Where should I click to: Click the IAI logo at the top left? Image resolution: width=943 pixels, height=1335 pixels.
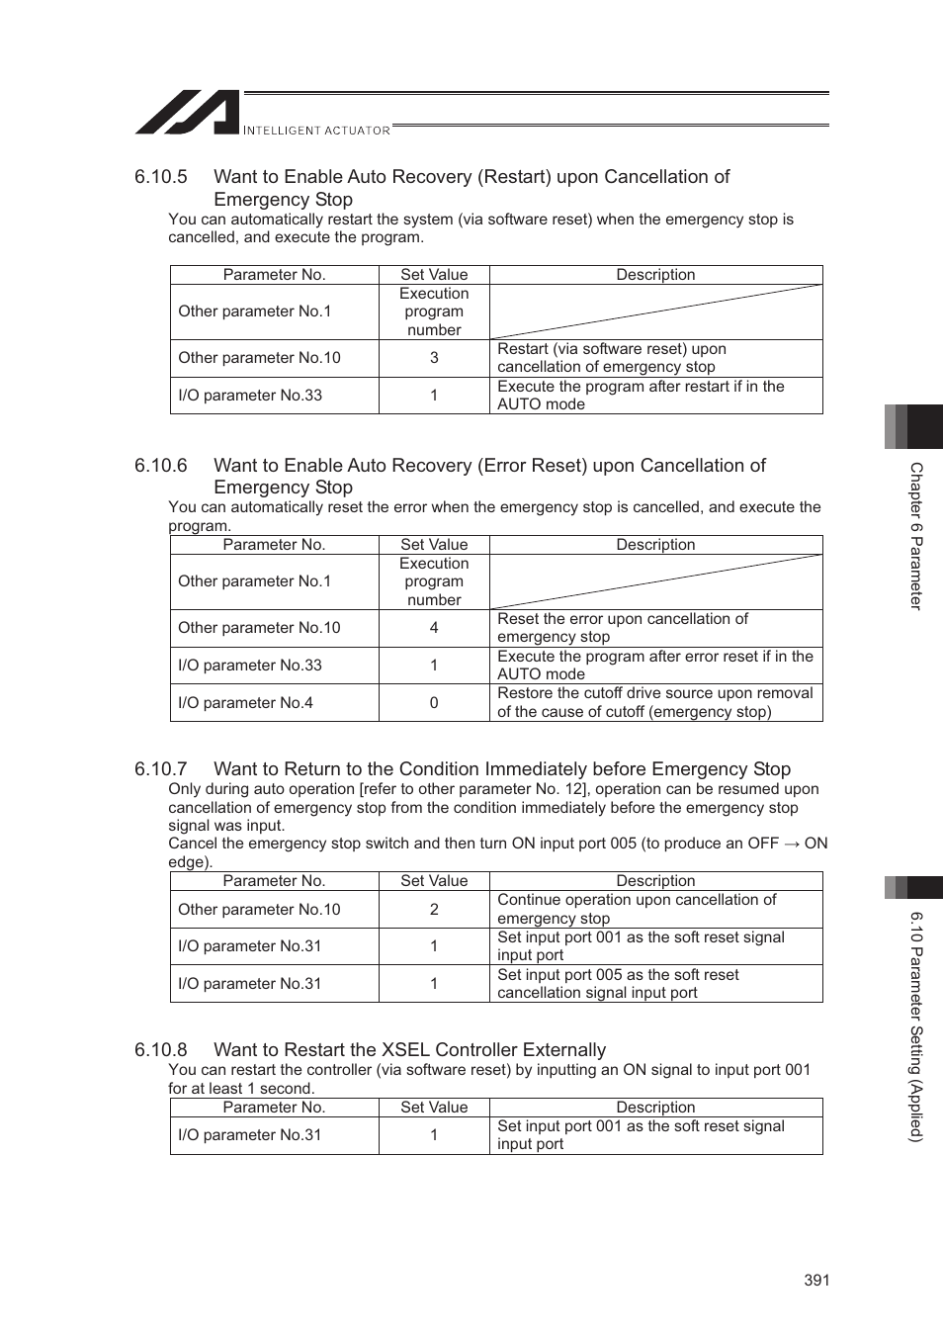187,113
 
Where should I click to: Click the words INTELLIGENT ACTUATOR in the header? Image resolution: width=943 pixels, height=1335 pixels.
316,131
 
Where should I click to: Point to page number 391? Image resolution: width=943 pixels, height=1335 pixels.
816,1280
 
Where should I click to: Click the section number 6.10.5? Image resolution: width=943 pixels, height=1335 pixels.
161,177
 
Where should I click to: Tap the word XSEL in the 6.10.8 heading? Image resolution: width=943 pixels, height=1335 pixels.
406,1050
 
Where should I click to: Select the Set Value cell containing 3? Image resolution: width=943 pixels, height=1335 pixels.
434,358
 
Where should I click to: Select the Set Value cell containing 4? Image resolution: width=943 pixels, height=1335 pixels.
434,628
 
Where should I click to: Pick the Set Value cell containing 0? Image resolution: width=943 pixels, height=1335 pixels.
434,703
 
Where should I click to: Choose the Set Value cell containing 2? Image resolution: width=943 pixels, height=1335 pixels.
434,910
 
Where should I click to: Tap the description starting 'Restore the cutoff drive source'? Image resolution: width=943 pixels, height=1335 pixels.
654,703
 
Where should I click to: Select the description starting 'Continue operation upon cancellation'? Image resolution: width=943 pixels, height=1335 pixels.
637,910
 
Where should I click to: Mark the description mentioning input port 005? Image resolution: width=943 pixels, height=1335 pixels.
618,984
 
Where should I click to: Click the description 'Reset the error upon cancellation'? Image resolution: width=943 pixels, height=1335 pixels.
623,628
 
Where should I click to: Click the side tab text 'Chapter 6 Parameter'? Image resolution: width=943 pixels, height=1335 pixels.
916,536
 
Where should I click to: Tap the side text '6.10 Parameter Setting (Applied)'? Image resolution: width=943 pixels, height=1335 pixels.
916,1026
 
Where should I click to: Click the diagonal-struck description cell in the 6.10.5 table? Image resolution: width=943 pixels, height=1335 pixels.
655,311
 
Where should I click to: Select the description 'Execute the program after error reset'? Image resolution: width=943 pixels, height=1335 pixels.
654,666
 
